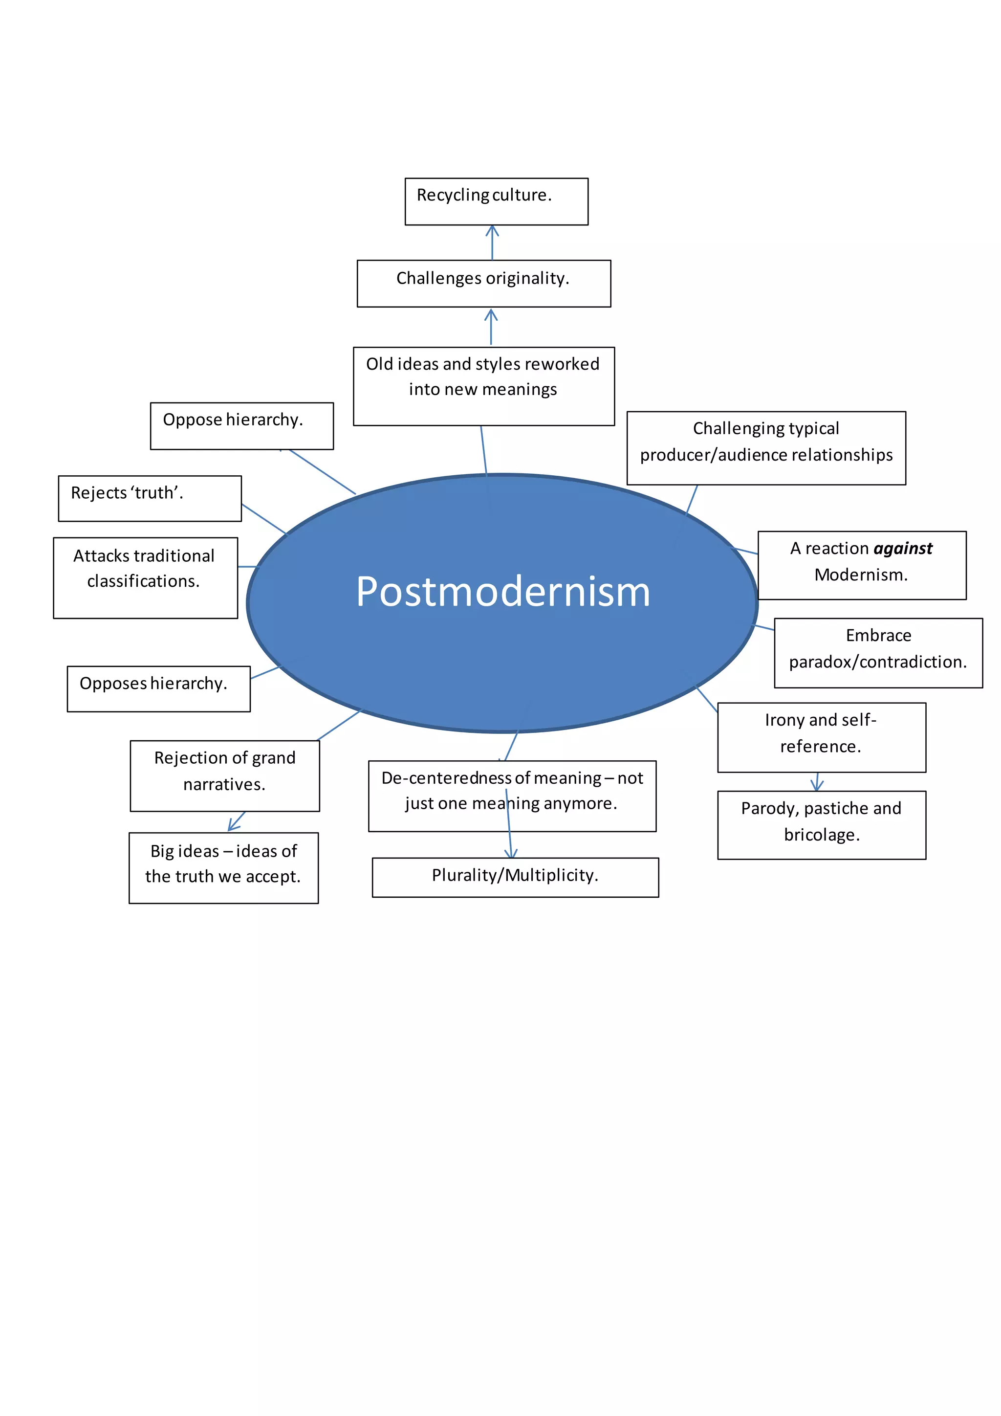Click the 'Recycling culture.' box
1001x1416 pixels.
coord(496,201)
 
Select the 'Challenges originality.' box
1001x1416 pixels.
coord(484,284)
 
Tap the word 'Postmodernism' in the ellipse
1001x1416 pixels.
coord(502,592)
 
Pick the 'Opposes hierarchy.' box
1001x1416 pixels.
coord(158,689)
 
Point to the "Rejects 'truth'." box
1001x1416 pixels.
coord(150,498)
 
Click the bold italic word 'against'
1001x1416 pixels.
coord(902,548)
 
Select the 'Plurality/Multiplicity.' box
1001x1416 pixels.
coord(515,877)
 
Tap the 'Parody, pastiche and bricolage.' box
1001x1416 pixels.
coord(822,824)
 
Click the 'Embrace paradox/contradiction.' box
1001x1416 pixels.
coord(878,652)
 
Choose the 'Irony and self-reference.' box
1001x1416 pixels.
coord(822,737)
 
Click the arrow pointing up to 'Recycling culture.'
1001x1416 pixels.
coord(492,242)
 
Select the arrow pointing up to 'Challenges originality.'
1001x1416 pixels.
coord(491,327)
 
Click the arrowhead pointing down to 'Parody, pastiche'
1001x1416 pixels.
coord(817,785)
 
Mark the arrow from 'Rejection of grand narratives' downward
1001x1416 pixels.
coord(236,821)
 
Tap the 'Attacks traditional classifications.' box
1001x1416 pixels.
coord(146,578)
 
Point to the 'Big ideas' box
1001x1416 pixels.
coord(224,868)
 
